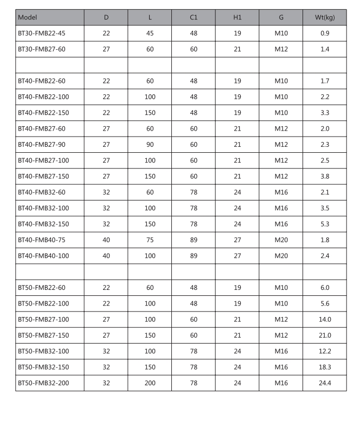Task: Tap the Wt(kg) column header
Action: pos(325,18)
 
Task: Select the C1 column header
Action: pos(194,18)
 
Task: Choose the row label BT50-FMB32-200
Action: pos(44,384)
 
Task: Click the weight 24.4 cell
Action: pos(325,384)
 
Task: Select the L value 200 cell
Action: pos(150,384)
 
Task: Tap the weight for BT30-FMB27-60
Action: pos(325,49)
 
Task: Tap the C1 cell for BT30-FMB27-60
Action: pos(194,49)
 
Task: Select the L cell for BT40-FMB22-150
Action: pos(150,113)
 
